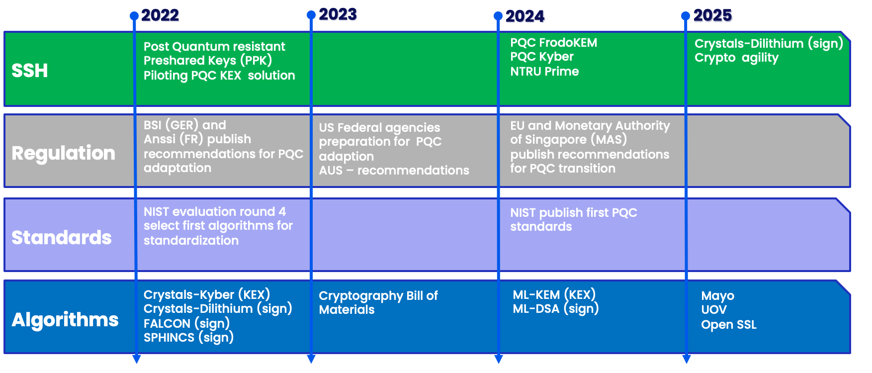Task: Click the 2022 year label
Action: pos(160,16)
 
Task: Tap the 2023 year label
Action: pos(338,15)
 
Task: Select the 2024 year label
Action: pos(525,17)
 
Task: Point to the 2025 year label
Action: pos(713,16)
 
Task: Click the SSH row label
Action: pos(30,71)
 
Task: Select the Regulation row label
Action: pos(63,153)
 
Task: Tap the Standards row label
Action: pos(61,238)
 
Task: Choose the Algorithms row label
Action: pos(65,320)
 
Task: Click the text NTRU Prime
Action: pos(544,72)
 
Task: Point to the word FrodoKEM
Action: pos(568,43)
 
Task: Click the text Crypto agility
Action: pos(736,58)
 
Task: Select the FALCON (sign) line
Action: pos(186,324)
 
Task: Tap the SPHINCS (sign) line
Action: pos(188,338)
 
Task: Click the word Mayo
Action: pos(717,296)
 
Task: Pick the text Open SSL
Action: pos(728,325)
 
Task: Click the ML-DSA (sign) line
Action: pos(555,309)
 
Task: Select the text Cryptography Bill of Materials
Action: pos(378,302)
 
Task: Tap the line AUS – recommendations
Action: pos(394,171)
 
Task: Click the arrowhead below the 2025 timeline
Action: pos(686,359)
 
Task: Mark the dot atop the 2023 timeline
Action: pos(311,15)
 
